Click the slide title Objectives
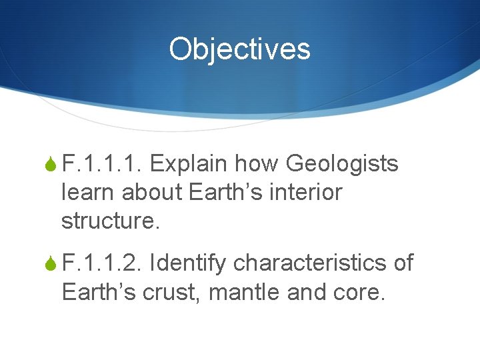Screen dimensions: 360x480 239,49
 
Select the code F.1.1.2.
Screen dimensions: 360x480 102,263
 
